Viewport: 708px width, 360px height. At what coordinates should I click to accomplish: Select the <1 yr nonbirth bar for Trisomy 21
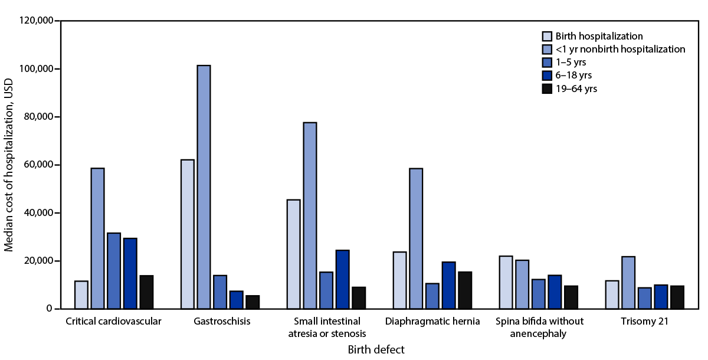(x=628, y=283)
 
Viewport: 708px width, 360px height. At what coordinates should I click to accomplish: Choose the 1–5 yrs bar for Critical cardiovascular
(x=114, y=271)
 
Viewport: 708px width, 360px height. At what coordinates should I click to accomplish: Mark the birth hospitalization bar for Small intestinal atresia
(x=293, y=254)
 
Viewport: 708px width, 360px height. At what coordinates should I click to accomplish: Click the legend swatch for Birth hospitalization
(x=547, y=36)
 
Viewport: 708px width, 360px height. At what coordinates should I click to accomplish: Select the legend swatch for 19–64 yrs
(x=547, y=89)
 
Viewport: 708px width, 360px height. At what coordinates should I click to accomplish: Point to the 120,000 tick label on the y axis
(x=35, y=21)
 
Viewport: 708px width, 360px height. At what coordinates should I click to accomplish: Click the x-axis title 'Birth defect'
(x=376, y=349)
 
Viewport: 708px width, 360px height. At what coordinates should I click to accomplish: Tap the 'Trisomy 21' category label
(x=645, y=322)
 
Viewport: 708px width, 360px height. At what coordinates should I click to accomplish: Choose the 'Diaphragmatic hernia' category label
(x=432, y=322)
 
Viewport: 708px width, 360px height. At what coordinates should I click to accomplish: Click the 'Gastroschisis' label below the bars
(x=221, y=322)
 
